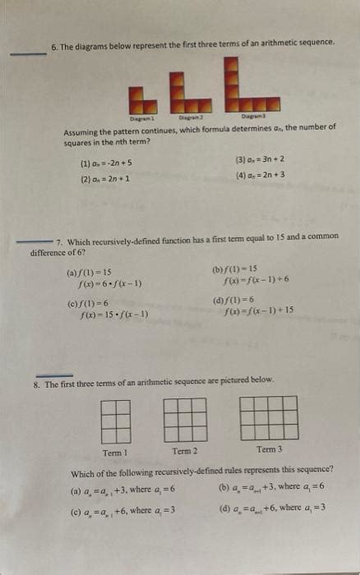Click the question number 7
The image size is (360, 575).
[x=60, y=236]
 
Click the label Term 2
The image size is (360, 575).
[x=185, y=451]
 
